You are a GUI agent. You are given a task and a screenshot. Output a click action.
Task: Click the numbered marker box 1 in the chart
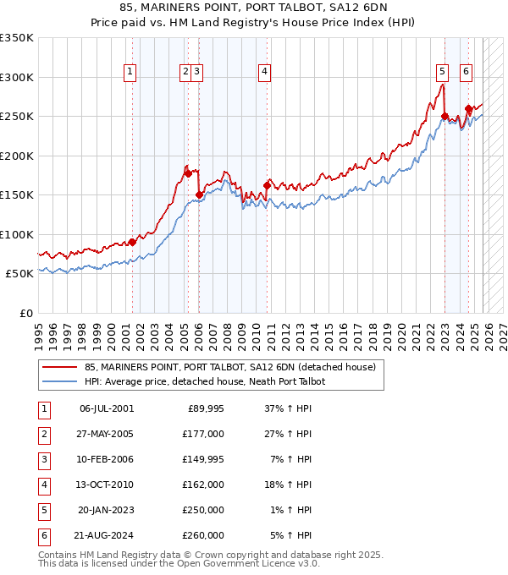[130, 73]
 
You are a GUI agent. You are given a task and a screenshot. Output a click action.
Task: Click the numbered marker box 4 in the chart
[265, 73]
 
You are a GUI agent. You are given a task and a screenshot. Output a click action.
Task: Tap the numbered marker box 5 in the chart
[443, 73]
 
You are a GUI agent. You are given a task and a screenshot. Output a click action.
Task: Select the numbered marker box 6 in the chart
[466, 73]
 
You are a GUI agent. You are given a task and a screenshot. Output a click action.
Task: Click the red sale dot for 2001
[132, 242]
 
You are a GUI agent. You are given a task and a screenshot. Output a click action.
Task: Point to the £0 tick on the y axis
[25, 313]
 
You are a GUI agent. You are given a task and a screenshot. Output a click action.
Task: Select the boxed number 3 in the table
[43, 459]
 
